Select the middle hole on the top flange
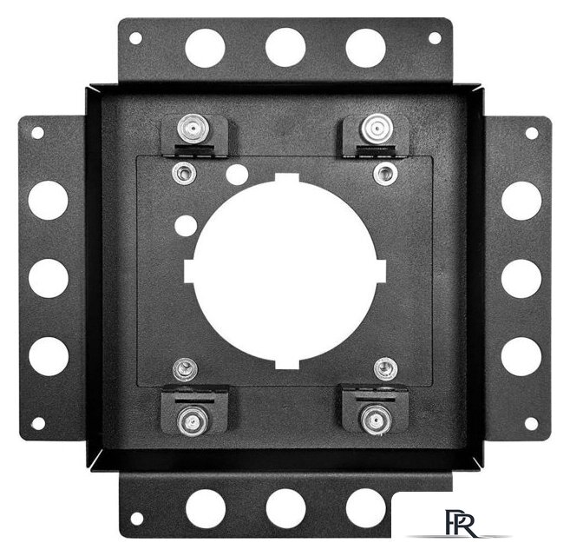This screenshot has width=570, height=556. coord(285,48)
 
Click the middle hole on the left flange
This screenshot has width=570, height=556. coord(49,278)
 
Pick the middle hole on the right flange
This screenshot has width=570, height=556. coord(521,279)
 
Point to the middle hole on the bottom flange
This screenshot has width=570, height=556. coord(285,509)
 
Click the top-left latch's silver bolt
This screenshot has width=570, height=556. coord(193,129)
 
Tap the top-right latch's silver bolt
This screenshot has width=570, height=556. coord(377,129)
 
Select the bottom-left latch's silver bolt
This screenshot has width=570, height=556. coord(193,421)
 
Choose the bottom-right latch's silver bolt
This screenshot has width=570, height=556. coord(376,420)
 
